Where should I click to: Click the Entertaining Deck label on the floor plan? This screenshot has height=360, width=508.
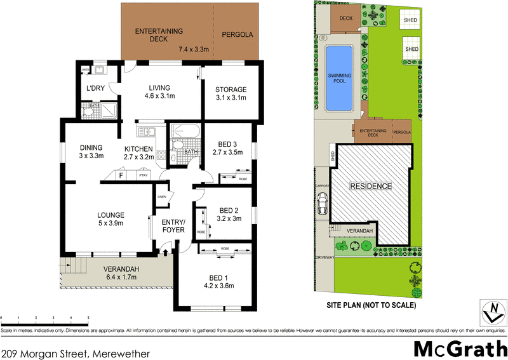tap(150, 35)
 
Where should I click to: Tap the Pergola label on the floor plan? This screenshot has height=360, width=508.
tap(236, 35)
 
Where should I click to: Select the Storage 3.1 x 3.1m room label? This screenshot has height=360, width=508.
tap(231, 93)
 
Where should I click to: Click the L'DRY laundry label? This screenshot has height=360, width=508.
tap(95, 89)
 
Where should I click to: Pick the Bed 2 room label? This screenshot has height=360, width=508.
tap(228, 215)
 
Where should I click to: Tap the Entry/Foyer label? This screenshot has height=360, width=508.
tap(173, 225)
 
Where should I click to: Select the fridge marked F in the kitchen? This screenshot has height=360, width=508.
tap(121, 174)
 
